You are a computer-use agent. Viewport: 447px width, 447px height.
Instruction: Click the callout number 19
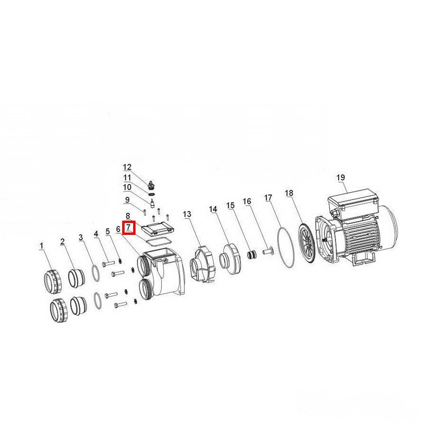click(x=340, y=177)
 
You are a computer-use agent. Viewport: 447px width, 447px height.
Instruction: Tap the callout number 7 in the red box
click(x=128, y=227)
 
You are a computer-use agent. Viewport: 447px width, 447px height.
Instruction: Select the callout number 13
click(x=187, y=214)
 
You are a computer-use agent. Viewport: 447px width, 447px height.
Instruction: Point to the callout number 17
click(x=268, y=197)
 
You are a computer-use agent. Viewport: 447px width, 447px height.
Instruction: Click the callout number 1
click(x=42, y=246)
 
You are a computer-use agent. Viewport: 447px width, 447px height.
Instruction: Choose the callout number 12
click(x=127, y=167)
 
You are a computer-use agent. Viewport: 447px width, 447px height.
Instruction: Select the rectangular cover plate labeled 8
click(x=157, y=229)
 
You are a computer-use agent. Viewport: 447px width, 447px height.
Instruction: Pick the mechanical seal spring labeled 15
click(x=252, y=254)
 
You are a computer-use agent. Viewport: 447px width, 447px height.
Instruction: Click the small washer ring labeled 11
click(x=152, y=194)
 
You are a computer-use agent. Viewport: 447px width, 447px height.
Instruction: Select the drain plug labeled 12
click(x=151, y=185)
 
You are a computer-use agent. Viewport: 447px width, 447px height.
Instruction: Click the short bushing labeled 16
click(x=267, y=252)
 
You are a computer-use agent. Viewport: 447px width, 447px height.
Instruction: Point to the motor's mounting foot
click(x=363, y=260)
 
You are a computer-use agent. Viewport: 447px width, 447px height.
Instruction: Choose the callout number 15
click(x=230, y=205)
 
